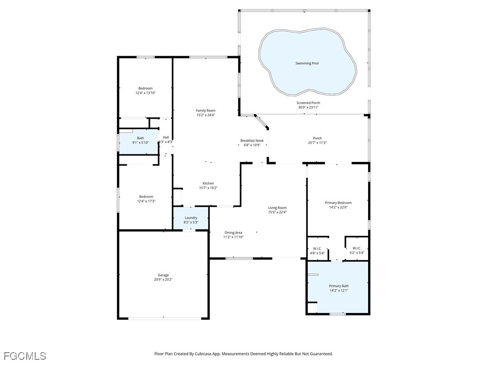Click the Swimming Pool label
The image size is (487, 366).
coord(307,63)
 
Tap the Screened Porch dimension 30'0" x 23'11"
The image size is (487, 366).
coord(308,108)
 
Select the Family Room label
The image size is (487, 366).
coord(205,111)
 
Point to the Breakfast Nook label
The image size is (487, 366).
coord(252,141)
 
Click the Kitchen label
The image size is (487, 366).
coord(208,183)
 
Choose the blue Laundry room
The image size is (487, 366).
coord(191,220)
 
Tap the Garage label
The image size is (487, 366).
coord(163,275)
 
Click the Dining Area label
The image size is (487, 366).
coord(234,233)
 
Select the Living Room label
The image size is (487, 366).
coord(277,208)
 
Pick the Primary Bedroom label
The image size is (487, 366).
coord(338,203)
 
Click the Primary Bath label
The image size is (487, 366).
coord(339,286)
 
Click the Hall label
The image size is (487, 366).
coord(166,137)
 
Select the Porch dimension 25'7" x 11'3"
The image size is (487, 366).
coord(317,143)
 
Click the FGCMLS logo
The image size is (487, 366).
coord(25,356)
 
